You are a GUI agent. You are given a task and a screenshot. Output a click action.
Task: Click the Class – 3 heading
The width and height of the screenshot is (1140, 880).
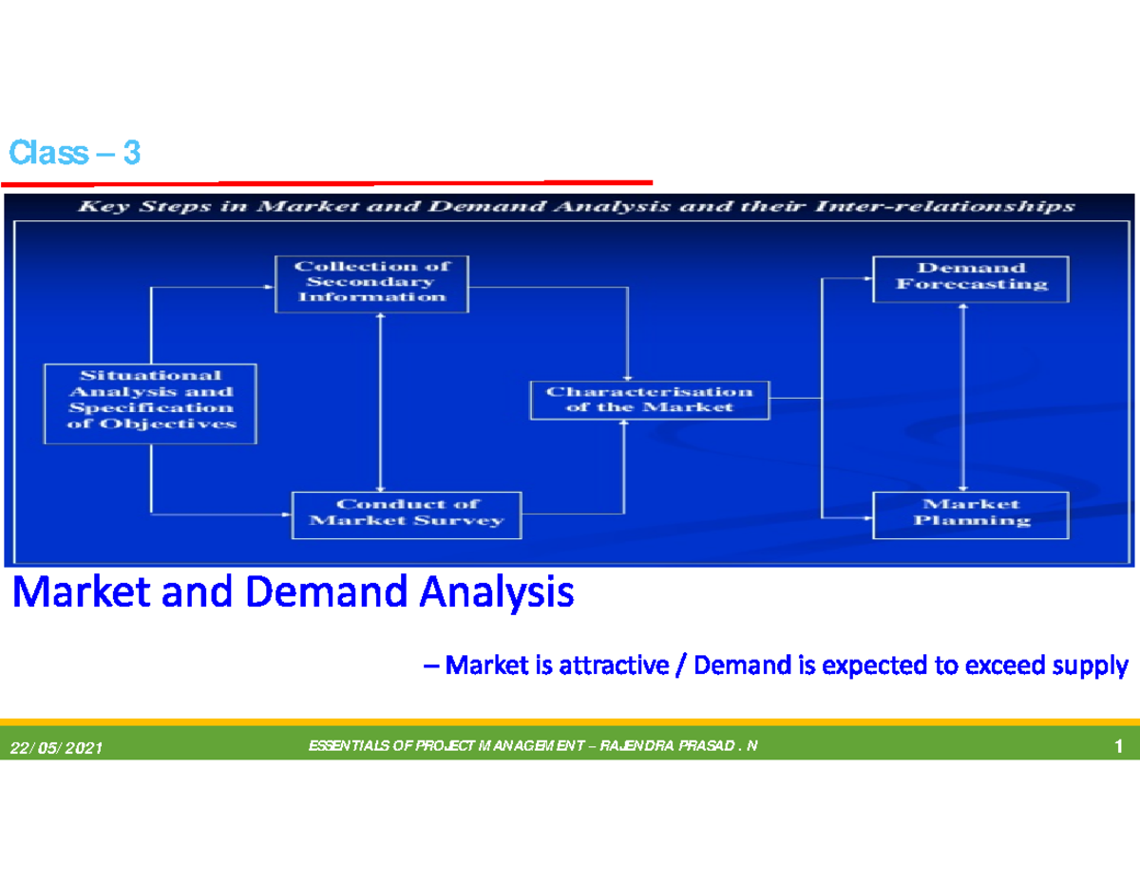point(74,153)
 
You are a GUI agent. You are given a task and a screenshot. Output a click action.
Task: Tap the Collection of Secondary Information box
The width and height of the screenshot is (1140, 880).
point(370,282)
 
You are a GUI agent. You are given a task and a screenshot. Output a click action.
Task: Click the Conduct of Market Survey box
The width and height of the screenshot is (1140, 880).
point(406,513)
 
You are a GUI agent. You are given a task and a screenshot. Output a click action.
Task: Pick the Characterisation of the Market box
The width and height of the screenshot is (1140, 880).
point(649,399)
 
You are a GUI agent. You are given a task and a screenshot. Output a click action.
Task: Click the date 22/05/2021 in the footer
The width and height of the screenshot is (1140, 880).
point(56,750)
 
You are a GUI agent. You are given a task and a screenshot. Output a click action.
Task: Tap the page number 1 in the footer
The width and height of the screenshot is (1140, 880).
point(1120,748)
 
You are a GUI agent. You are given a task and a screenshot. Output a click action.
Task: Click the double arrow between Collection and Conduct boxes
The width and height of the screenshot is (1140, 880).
point(380,401)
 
